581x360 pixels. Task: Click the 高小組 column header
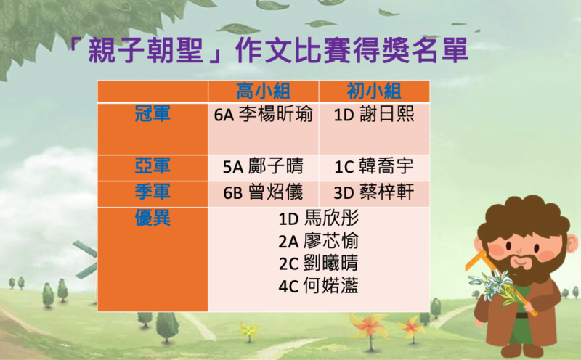pos(263,91)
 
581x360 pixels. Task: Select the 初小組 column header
pos(374,91)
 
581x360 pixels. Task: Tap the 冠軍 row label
pos(153,114)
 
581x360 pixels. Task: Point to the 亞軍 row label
pos(153,165)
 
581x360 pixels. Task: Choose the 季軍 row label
pos(153,192)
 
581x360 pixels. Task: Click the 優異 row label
pos(153,218)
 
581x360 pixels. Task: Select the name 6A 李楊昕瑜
pos(263,114)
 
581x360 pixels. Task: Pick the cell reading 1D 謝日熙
pos(374,114)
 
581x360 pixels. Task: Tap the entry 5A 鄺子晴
pos(263,166)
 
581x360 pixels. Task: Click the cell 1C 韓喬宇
pos(374,166)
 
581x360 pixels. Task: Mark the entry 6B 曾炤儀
pos(263,192)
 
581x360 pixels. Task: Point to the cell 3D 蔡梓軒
pos(374,192)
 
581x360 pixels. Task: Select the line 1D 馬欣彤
pos(319,218)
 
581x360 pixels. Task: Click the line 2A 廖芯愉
pos(319,241)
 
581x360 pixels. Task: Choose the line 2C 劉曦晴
pos(319,263)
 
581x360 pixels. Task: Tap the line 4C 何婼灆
pos(319,285)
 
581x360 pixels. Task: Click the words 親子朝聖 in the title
pos(146,50)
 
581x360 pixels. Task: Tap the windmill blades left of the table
pos(86,259)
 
